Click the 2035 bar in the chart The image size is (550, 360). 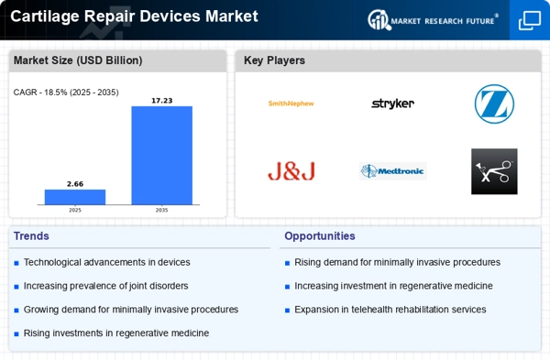tap(161, 155)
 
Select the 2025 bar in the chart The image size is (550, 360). tap(75, 197)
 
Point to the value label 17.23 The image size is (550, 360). tap(161, 101)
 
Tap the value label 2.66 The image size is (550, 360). tap(75, 184)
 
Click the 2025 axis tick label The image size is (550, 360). tap(75, 210)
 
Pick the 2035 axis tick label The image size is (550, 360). tap(161, 210)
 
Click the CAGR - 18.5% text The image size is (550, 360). tap(66, 93)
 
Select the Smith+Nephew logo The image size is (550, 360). tap(291, 104)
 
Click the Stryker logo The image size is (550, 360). tap(392, 104)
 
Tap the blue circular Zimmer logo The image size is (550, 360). tap(494, 104)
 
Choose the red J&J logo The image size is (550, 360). tap(291, 171)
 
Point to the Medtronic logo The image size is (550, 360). tap(392, 171)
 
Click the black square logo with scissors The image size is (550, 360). tap(494, 171)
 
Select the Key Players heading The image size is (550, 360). tap(274, 60)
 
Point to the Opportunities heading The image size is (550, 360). tap(319, 235)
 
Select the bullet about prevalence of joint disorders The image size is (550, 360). tap(105, 286)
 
